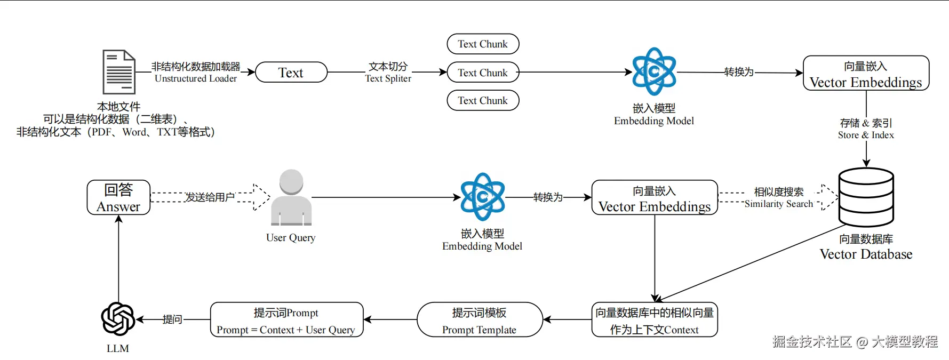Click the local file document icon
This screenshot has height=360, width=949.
point(118,72)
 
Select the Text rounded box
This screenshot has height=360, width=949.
point(291,73)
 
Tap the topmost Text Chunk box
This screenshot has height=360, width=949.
point(483,44)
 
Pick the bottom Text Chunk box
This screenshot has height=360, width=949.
point(483,101)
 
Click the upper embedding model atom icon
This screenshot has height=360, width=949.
point(654,71)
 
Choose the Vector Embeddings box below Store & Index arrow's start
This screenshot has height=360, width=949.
point(866,74)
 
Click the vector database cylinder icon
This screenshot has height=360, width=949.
point(866,197)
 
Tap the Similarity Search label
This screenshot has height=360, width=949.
point(779,204)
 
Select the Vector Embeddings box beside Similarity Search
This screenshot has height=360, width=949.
point(655,198)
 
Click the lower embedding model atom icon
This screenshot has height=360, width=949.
point(482,197)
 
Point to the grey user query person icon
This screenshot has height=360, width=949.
point(291,197)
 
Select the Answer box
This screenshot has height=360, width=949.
point(118,198)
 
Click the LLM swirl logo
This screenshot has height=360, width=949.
point(118,319)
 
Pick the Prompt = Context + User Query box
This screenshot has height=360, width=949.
point(286,320)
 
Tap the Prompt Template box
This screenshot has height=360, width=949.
point(480,320)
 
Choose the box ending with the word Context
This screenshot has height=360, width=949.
point(655,320)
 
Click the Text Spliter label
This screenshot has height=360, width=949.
point(388,78)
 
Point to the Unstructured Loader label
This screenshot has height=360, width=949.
point(196,78)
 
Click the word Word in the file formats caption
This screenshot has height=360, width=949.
point(134,132)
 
